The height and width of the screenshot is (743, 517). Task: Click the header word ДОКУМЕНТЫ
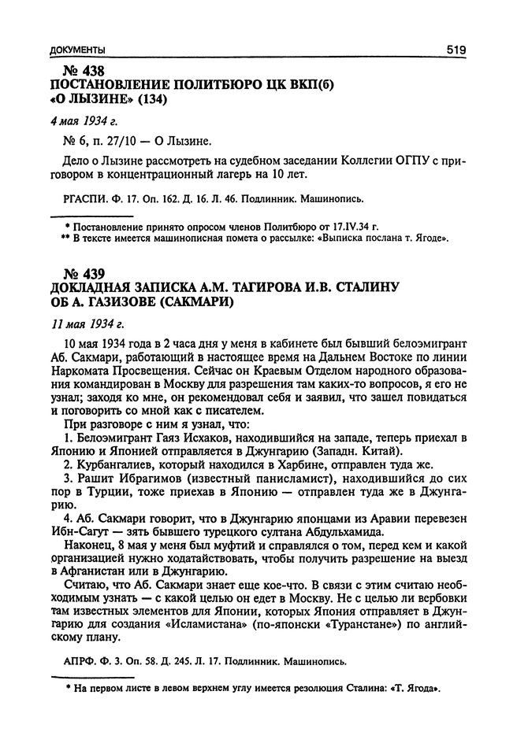[x=76, y=50]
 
